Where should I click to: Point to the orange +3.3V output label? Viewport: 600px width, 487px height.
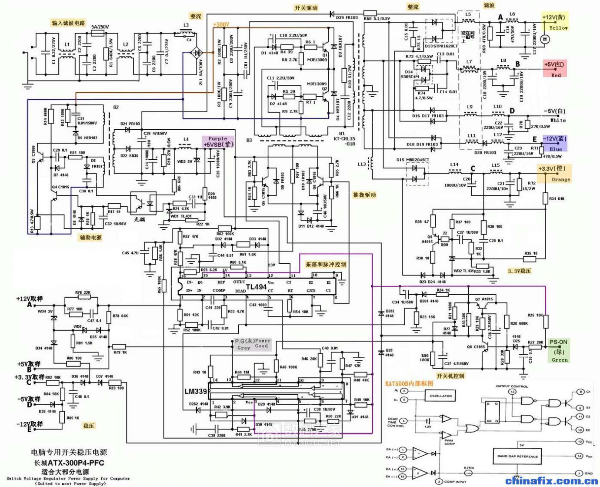point(555,174)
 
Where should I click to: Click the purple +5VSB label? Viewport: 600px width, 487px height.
point(218,141)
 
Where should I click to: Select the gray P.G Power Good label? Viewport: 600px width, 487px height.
point(252,344)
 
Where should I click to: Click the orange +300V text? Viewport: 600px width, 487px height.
point(221,24)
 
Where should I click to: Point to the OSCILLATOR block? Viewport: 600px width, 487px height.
point(441,396)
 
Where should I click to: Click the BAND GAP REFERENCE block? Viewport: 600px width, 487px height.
point(517,457)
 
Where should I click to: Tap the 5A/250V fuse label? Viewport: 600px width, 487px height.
point(100,27)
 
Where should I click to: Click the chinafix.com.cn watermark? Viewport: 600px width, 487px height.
point(551,480)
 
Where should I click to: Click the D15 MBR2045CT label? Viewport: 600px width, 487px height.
point(413,160)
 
